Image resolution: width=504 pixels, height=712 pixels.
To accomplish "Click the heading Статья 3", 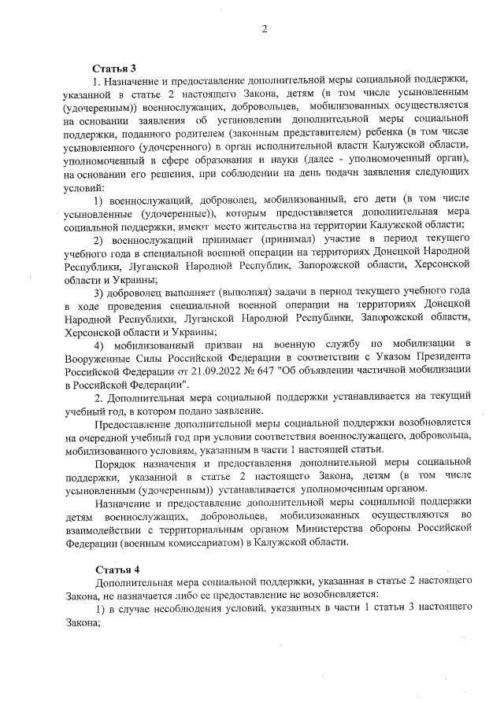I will click(115, 68).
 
